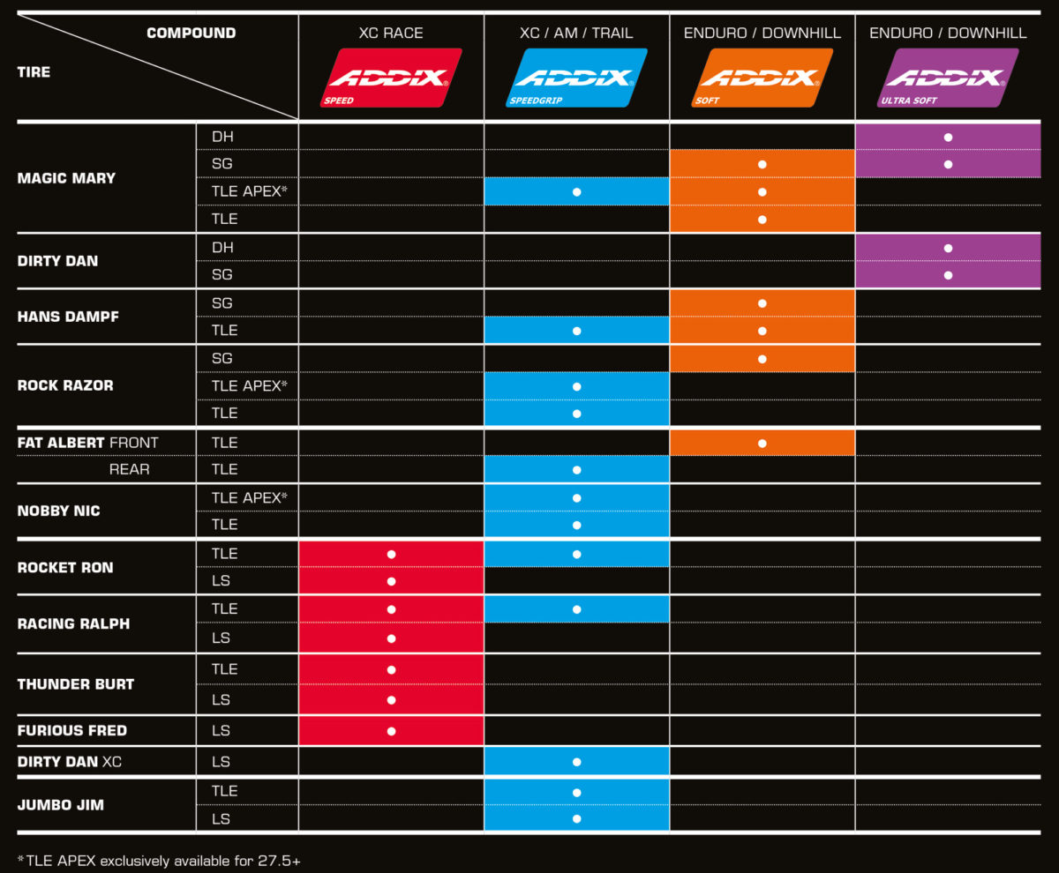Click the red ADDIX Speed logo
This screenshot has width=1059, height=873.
391,78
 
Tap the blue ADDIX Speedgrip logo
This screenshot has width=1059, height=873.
576,78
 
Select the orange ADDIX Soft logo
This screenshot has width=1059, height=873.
762,78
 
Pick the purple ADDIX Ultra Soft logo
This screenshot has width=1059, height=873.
948,78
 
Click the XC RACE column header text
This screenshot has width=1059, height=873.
391,34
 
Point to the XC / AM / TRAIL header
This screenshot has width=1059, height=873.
576,34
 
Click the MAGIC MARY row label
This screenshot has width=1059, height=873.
66,178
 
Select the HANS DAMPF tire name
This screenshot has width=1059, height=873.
67,317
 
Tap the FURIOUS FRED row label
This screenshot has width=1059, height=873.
72,730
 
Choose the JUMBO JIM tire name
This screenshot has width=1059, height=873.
61,805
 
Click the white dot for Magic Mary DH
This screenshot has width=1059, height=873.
948,138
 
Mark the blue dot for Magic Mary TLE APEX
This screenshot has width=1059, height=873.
576,191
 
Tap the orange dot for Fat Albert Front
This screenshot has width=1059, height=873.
762,443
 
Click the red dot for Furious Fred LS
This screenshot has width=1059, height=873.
391,731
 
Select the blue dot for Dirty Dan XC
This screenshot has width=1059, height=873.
576,762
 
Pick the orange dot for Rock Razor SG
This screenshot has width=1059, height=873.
762,359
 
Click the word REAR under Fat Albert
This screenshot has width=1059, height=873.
129,469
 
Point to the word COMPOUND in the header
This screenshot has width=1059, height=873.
191,34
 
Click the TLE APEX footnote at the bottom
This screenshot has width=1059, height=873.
159,859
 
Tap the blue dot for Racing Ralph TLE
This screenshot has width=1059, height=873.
576,609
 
